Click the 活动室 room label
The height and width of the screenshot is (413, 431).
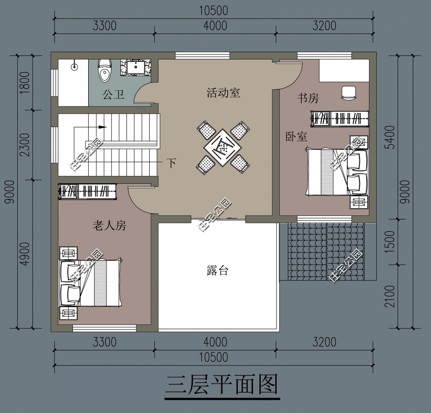click(x=223, y=93)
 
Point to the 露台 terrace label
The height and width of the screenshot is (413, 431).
click(x=217, y=270)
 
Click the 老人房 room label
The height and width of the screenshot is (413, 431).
click(x=109, y=225)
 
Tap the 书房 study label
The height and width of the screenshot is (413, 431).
click(x=308, y=98)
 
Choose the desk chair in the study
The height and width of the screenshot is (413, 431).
click(x=349, y=92)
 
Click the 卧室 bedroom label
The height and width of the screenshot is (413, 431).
click(x=296, y=136)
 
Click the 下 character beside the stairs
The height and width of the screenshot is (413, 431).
click(x=172, y=163)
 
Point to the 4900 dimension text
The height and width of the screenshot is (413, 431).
click(x=25, y=254)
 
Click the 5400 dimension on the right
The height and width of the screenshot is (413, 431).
click(x=391, y=137)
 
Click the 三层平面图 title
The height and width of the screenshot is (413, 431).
click(x=222, y=385)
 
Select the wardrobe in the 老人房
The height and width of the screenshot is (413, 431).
click(x=87, y=191)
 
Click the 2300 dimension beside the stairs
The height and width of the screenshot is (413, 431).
click(x=25, y=145)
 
